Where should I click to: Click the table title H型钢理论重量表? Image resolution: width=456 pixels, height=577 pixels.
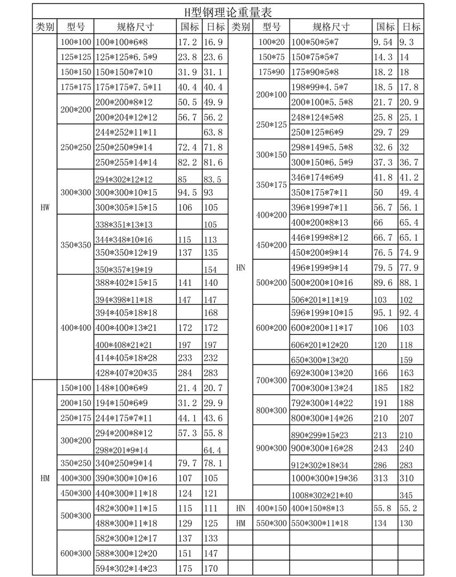[x=227, y=11]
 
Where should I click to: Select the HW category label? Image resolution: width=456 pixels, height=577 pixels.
[x=45, y=207]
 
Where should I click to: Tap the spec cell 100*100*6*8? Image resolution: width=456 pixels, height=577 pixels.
[x=121, y=42]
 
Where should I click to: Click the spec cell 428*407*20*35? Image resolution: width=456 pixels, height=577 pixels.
[x=126, y=373]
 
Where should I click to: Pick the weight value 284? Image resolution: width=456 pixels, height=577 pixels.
[x=186, y=373]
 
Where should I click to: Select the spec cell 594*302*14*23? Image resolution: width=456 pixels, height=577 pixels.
[x=126, y=568]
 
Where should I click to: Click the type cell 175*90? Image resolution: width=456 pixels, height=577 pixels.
[x=271, y=72]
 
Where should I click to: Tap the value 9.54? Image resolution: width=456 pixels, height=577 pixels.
[x=383, y=42]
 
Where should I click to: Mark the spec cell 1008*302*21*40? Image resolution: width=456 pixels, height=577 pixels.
[x=322, y=495]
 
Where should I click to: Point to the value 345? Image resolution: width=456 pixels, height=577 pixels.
[x=407, y=495]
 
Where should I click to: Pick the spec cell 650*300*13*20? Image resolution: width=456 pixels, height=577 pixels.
[x=319, y=359]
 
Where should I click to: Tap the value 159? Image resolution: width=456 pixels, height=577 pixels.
[x=407, y=359]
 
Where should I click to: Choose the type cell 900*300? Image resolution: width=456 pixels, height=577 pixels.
[x=271, y=448]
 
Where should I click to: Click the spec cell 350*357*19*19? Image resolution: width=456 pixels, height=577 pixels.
[x=124, y=269]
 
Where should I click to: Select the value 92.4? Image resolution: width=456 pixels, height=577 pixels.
[x=409, y=312]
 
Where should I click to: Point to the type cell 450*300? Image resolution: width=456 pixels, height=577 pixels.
[x=75, y=492]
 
